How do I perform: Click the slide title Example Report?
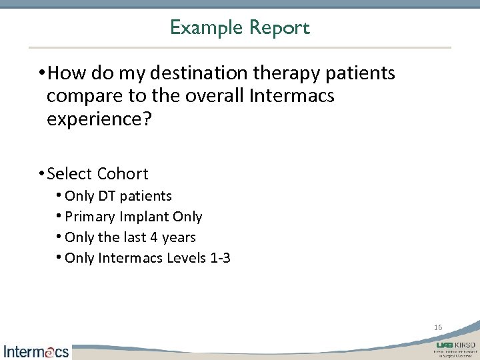[239, 28]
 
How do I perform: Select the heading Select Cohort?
[97, 174]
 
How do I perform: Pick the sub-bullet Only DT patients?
[118, 196]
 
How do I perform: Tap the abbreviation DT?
[107, 196]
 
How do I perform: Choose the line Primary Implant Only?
[133, 217]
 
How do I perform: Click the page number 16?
[438, 327]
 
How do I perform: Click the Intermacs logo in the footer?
[37, 351]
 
